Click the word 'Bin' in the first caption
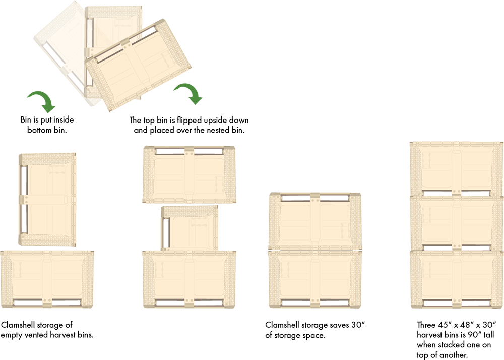(26, 120)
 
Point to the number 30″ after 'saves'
(358, 325)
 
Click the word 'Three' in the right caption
(426, 325)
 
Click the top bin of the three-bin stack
(457, 169)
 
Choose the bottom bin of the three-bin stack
(457, 279)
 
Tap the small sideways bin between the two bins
(190, 228)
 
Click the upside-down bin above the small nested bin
(189, 174)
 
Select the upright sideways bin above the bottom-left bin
(47, 200)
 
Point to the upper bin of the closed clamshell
(315, 221)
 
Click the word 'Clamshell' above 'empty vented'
(18, 325)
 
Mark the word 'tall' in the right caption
(488, 335)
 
